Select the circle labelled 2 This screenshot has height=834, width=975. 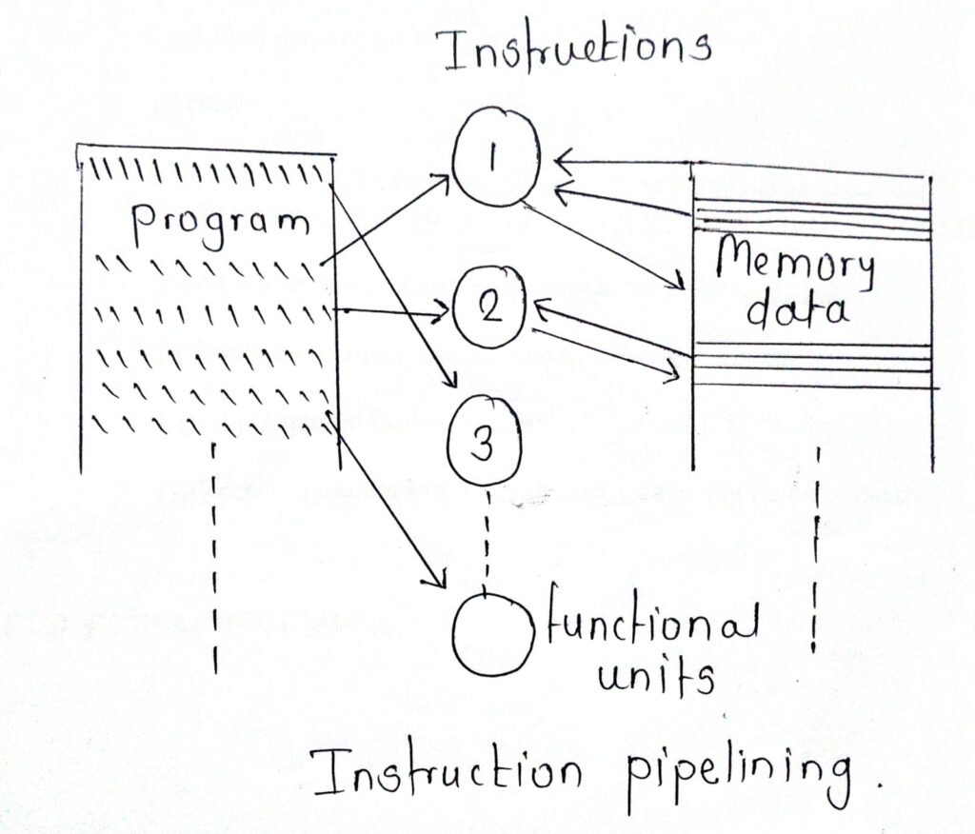[x=488, y=310]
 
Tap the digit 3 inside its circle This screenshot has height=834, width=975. [x=485, y=443]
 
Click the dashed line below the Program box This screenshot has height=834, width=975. [x=217, y=562]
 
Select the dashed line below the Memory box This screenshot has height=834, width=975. [x=815, y=552]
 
